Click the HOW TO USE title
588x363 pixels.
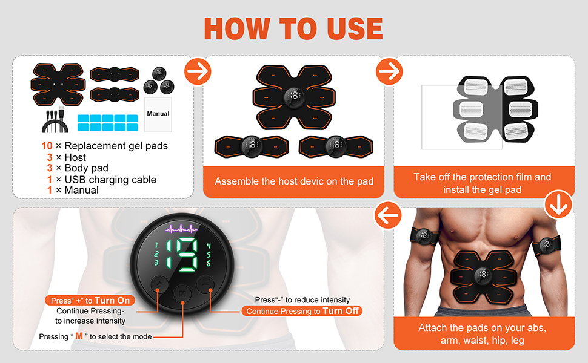(x=293, y=28)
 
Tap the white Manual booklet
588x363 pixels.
(x=158, y=114)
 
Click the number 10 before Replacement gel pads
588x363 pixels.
(x=47, y=146)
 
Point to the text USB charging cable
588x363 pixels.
(x=110, y=180)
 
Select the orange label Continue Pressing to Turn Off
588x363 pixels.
(x=302, y=311)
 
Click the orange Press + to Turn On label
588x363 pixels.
(x=90, y=301)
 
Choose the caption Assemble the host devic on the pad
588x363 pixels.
(x=294, y=181)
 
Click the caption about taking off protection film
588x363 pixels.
(x=483, y=183)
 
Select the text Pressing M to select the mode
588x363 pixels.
(x=95, y=336)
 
